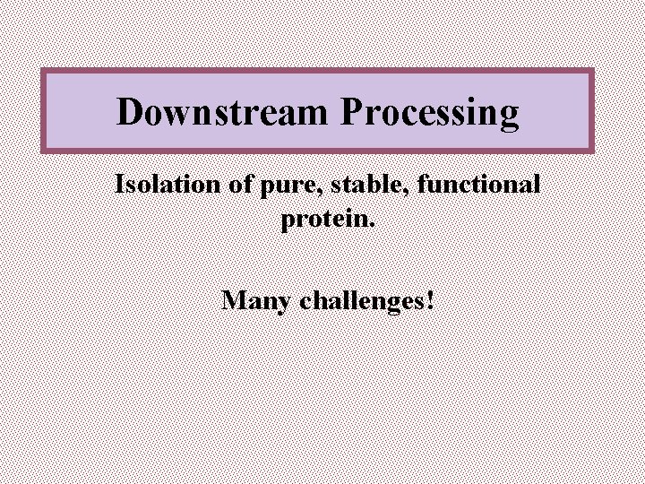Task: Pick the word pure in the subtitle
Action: [281, 186]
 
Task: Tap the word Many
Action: [256, 300]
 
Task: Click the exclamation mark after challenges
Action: [432, 298]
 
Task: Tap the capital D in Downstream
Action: [131, 113]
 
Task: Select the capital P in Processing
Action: [351, 113]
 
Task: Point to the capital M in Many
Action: [234, 298]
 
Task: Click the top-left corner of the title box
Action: [42, 71]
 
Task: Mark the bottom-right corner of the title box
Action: [593, 151]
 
